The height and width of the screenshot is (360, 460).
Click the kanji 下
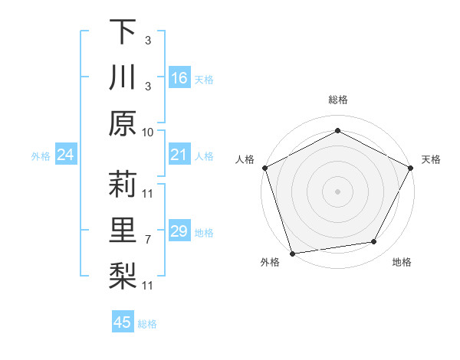coord(123,32)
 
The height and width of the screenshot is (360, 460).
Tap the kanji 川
coord(123,78)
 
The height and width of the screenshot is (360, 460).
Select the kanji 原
coord(123,123)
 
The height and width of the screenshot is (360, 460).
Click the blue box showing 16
coord(179,78)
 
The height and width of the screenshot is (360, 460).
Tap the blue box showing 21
coord(179,155)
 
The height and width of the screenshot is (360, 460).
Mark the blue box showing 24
coord(66,155)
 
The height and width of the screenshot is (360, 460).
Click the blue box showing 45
coord(123,322)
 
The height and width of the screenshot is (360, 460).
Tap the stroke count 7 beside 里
coord(148,240)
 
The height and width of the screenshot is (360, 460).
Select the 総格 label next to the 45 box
coord(147,324)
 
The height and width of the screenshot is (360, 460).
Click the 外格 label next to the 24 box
coord(41,156)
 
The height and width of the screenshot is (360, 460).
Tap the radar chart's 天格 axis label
coord(431,159)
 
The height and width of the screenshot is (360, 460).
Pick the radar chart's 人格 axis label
coord(245,159)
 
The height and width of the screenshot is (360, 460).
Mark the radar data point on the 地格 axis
coord(374,242)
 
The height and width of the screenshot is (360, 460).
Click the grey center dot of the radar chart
coord(337,191)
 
